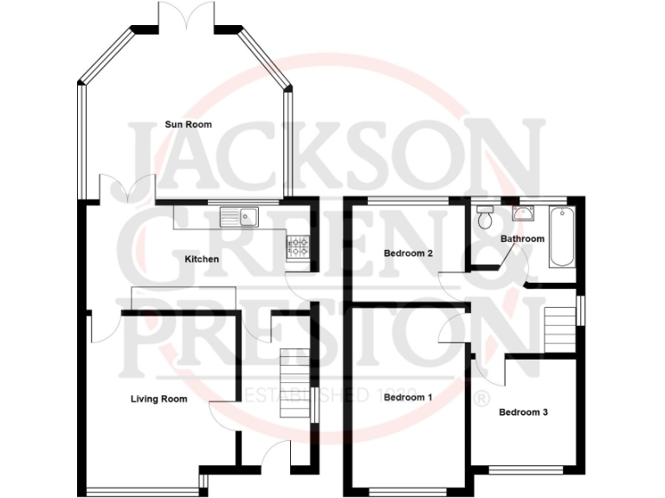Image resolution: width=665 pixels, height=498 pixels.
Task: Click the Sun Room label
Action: [x=188, y=124]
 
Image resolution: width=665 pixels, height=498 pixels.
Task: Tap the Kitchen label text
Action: [x=202, y=259]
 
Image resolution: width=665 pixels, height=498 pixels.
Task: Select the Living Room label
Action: [x=158, y=399]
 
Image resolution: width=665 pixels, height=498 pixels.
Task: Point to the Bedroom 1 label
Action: [x=407, y=398]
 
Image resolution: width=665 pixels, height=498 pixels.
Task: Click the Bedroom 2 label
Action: [x=407, y=253]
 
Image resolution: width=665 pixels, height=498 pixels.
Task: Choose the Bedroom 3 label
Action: [x=523, y=412]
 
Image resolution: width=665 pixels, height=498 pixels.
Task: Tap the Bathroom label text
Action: [x=522, y=239]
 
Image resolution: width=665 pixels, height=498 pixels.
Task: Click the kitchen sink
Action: [x=240, y=214]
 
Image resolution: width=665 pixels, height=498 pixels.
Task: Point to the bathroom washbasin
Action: [x=525, y=213]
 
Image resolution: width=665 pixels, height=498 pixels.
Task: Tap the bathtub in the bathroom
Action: [x=560, y=236]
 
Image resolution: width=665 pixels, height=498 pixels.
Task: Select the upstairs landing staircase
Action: [x=560, y=328]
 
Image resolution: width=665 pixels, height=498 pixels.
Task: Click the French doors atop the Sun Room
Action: [x=187, y=15]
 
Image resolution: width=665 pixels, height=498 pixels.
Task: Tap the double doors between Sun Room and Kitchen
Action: [x=126, y=189]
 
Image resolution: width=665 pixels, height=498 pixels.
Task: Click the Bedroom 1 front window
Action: [x=408, y=492]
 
